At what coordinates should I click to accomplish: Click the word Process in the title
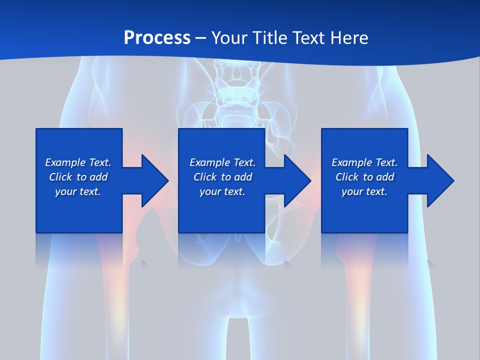click(x=157, y=37)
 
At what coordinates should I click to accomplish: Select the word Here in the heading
click(x=350, y=37)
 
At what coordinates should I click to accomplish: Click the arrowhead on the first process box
click(x=153, y=180)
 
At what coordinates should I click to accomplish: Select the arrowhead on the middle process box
click(x=296, y=180)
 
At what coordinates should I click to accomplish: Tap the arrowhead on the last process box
click(x=439, y=180)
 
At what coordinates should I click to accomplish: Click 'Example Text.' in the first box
click(x=78, y=162)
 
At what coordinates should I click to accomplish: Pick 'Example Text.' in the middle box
click(x=222, y=162)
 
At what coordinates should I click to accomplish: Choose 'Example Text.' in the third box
click(x=364, y=162)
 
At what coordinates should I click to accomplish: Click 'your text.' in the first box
click(x=78, y=191)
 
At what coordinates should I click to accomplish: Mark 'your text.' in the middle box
click(x=222, y=191)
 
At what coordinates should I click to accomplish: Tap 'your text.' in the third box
click(x=364, y=191)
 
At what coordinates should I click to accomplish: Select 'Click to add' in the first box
click(x=78, y=177)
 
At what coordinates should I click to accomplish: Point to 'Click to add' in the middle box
click(x=222, y=177)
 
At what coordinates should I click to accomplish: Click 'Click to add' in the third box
click(x=364, y=177)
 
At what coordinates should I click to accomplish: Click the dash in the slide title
click(x=201, y=38)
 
